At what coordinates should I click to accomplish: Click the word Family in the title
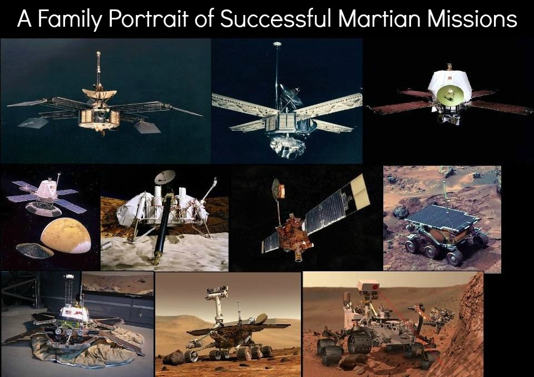70,19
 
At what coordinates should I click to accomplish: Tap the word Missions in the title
472,18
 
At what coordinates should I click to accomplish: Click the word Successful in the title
275,18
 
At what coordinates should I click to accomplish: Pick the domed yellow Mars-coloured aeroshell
66,235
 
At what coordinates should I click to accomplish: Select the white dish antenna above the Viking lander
165,176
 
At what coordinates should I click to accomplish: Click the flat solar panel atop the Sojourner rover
442,217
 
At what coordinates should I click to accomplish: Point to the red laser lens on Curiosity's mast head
374,287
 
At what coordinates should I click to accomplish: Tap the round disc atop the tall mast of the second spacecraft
277,44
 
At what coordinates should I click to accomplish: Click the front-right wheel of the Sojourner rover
455,257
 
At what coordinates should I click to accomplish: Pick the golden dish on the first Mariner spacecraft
99,92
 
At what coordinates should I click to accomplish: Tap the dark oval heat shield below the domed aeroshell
34,251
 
